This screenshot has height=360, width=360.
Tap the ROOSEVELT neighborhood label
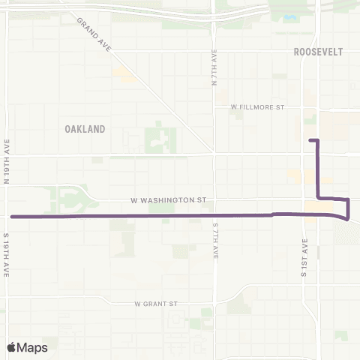pyautogui.click(x=319, y=52)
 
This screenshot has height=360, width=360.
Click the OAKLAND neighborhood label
pyautogui.click(x=85, y=129)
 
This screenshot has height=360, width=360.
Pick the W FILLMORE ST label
pyautogui.click(x=258, y=107)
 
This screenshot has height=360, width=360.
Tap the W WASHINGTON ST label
pyautogui.click(x=168, y=200)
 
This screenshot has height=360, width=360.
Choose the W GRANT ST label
pyautogui.click(x=155, y=304)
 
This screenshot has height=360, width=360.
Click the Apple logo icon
pyautogui.click(x=12, y=347)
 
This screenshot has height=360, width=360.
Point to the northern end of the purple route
pyautogui.click(x=310, y=140)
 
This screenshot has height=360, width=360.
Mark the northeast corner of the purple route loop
pyautogui.click(x=348, y=199)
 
